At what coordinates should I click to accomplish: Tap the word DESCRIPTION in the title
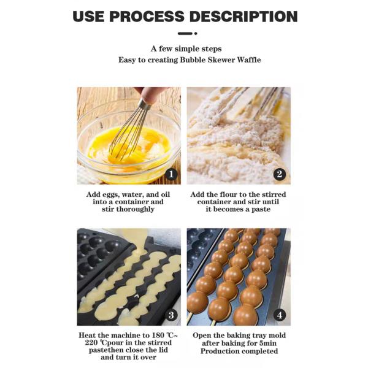[247, 16]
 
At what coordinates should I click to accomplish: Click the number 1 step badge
[171, 174]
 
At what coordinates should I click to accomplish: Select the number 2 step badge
[280, 174]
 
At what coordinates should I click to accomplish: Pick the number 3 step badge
[171, 315]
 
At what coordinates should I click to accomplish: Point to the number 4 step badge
[280, 315]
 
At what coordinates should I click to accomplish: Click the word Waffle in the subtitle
[245, 59]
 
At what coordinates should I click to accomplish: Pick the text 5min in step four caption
[274, 343]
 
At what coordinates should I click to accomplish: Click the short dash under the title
[184, 33]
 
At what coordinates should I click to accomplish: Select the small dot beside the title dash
[195, 33]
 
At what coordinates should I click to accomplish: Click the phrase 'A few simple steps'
[186, 48]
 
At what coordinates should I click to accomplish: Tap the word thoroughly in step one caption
[136, 209]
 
